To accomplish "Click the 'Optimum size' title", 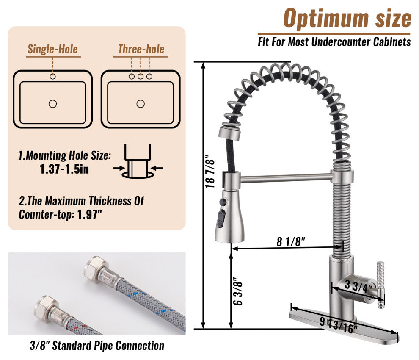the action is [x=347, y=19].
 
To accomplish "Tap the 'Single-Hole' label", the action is [x=53, y=49].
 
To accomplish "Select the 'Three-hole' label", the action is [x=141, y=49].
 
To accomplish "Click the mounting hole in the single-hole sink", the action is [x=52, y=77].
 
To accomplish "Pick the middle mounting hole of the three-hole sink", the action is [x=141, y=77].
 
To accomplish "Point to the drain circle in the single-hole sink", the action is [x=52, y=104].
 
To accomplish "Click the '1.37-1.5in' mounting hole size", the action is [x=64, y=169].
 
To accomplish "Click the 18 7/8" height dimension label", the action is [x=210, y=171].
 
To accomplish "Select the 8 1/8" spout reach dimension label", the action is [x=291, y=241].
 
